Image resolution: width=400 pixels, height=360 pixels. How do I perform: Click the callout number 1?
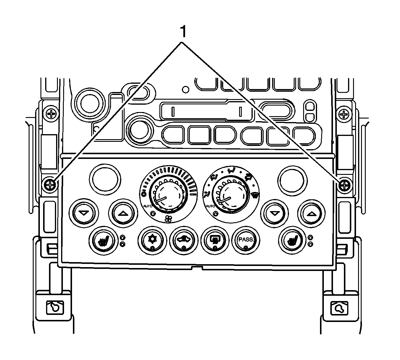(183, 32)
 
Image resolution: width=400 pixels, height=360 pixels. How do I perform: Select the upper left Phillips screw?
(52, 113)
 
